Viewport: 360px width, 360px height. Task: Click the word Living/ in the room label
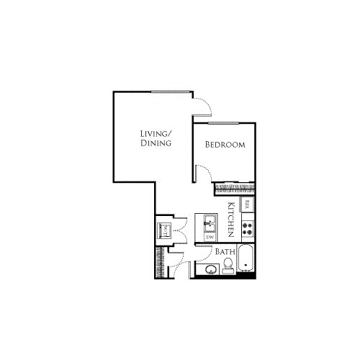click(x=156, y=133)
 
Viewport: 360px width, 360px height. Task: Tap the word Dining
click(x=156, y=143)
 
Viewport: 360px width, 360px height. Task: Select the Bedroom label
click(x=225, y=145)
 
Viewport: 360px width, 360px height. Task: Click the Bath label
click(x=226, y=253)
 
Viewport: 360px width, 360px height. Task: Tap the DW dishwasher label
click(x=211, y=236)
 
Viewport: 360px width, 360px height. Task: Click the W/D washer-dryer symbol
click(x=165, y=230)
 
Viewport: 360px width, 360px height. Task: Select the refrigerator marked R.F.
click(x=247, y=204)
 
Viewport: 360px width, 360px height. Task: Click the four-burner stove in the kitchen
click(x=247, y=229)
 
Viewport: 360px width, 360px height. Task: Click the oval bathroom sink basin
click(x=210, y=270)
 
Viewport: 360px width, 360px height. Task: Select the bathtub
click(x=247, y=261)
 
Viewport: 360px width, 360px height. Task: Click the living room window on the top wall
click(x=171, y=91)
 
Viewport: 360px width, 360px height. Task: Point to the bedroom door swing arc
click(x=203, y=174)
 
